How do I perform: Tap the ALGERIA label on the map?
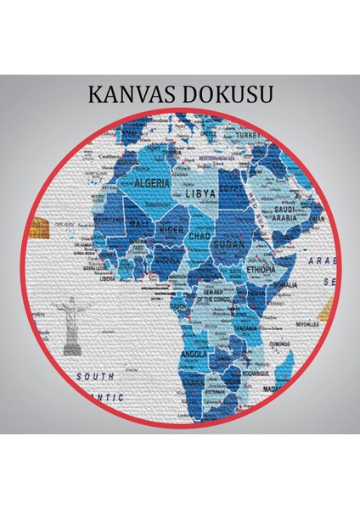[x=155, y=182]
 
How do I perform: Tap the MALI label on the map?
[x=141, y=222]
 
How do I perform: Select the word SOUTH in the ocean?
[x=94, y=375]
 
